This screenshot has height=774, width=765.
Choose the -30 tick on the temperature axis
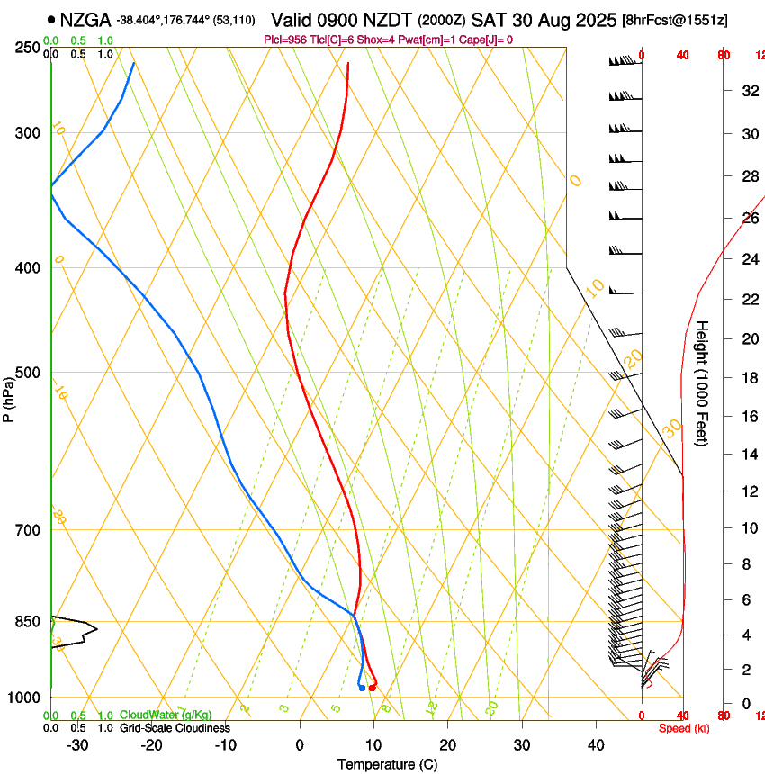(x=77, y=744)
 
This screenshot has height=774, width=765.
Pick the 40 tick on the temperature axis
(x=595, y=744)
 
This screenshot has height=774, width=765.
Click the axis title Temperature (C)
(x=387, y=764)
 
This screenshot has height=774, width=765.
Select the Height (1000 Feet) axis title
(x=702, y=382)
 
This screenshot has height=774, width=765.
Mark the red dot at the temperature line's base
(x=372, y=688)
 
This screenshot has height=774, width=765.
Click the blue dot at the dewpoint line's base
(x=362, y=688)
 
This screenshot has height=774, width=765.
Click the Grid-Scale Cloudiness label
(x=175, y=727)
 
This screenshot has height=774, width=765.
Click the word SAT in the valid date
(x=531, y=19)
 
